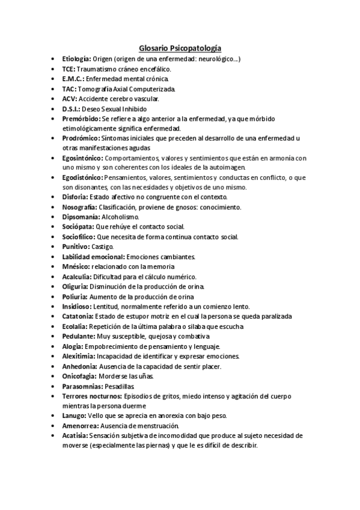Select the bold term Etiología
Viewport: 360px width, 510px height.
[x=76, y=59]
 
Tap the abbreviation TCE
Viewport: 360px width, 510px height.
[x=69, y=69]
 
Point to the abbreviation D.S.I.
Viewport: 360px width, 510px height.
[x=72, y=108]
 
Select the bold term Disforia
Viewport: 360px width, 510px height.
[x=75, y=197]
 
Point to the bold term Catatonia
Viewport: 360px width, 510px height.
[x=78, y=315]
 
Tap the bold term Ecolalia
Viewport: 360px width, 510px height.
[x=75, y=325]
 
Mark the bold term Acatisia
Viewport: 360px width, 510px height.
[x=75, y=434]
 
